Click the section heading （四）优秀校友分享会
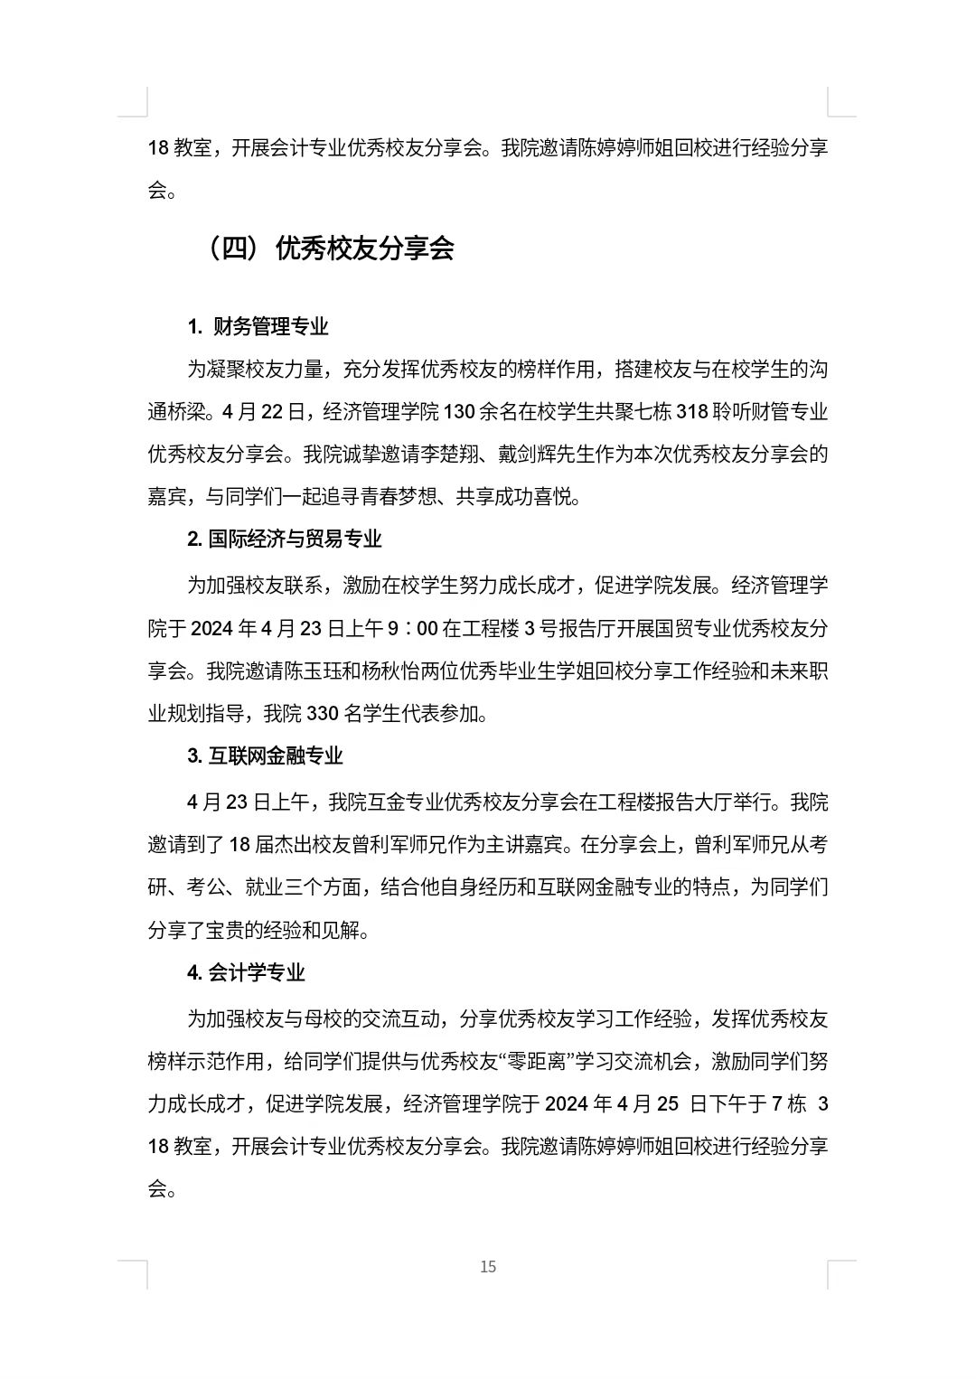[x=331, y=249]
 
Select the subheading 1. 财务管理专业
[x=258, y=327]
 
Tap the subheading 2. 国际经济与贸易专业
[x=285, y=539]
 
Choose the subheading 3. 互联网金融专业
[x=266, y=756]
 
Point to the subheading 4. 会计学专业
[x=246, y=973]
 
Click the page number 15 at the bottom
[x=488, y=1267]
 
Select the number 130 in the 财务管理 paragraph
[x=459, y=412]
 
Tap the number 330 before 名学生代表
[x=322, y=714]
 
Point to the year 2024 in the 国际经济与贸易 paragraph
[x=211, y=628]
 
